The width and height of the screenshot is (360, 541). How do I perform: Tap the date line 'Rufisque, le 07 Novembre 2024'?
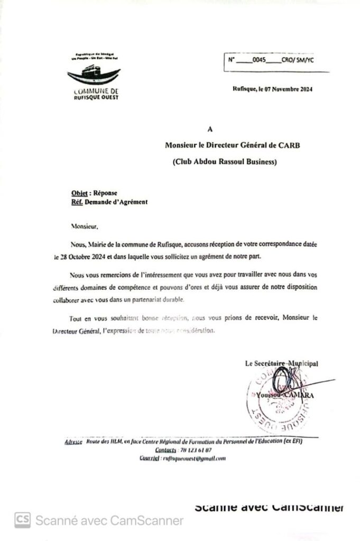272,89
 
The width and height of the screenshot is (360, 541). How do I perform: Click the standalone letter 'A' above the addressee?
210,128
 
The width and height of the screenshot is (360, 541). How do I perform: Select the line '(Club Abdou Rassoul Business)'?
225,162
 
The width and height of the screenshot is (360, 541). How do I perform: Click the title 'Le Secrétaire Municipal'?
281,363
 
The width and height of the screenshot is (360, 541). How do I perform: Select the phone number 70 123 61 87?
195,450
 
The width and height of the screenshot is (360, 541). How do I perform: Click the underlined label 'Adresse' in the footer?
73,441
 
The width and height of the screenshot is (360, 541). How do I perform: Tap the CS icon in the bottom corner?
22,520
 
